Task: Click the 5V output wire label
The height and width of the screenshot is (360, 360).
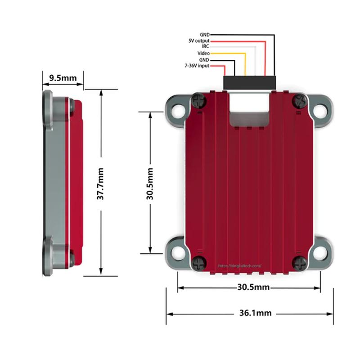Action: tap(199, 40)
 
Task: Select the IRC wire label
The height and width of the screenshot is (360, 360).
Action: tap(205, 46)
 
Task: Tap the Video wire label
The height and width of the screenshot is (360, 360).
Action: tap(203, 53)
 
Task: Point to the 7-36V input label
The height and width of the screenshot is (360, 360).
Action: tap(197, 66)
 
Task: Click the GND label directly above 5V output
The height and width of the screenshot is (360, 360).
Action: tap(204, 35)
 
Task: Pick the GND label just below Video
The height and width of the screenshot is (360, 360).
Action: tap(204, 59)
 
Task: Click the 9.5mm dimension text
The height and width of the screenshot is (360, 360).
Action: tap(63, 78)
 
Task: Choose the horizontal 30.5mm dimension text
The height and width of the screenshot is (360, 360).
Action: tap(252, 287)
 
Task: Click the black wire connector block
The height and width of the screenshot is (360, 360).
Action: tap(249, 82)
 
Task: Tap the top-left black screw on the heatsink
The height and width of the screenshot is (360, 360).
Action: tap(198, 102)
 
